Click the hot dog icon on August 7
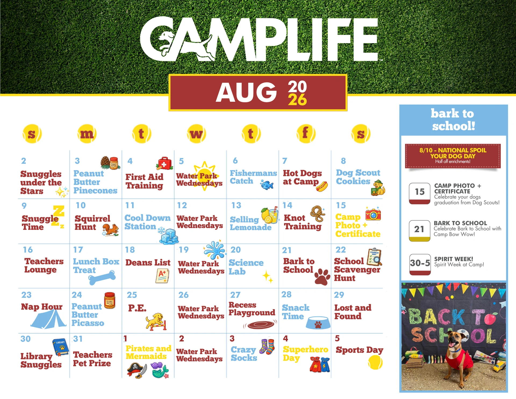click(322, 186)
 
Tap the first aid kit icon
click(164, 163)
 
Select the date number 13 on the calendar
click(236, 205)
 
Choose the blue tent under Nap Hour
click(48, 319)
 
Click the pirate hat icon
click(137, 370)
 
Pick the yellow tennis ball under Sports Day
click(375, 362)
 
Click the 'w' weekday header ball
click(196, 134)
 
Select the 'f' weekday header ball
click(306, 134)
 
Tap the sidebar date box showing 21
click(420, 231)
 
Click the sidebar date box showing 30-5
click(420, 264)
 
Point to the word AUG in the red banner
click(246, 92)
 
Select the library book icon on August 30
click(60, 347)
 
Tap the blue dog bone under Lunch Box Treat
click(102, 278)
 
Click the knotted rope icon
click(318, 214)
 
